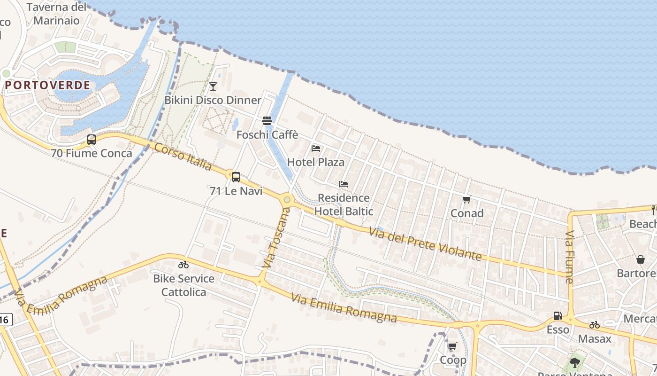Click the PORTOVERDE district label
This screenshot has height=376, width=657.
(x=48, y=85)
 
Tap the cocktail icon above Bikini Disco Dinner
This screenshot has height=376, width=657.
(x=213, y=86)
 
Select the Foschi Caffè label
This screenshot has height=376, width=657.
(x=267, y=135)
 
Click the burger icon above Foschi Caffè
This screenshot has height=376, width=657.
(x=267, y=121)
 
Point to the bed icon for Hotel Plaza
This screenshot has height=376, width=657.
(x=316, y=149)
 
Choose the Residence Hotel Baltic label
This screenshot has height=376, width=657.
(x=344, y=204)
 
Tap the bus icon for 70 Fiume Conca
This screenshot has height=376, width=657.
(x=92, y=140)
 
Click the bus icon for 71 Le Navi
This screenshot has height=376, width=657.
(x=236, y=177)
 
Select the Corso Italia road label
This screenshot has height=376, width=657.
(x=183, y=157)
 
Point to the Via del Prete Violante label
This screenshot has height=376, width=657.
(x=425, y=244)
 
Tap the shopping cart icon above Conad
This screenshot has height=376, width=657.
(x=466, y=200)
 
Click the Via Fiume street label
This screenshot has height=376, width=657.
(x=569, y=257)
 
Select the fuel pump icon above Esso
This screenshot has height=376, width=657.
(x=558, y=316)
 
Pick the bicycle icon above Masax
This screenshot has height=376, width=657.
(x=595, y=325)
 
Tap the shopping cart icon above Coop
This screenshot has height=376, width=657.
(x=452, y=346)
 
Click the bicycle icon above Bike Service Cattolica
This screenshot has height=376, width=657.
(x=183, y=265)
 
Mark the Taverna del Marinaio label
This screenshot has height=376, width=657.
(x=56, y=14)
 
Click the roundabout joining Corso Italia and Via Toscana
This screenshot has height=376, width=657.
(x=287, y=200)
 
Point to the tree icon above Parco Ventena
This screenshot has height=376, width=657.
(x=574, y=362)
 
